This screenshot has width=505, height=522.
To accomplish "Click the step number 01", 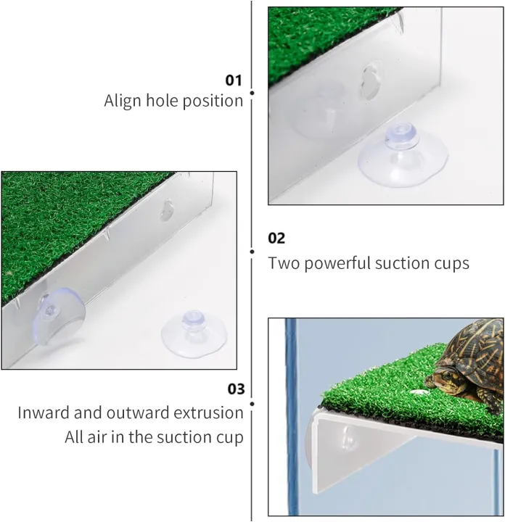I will [x=234, y=80].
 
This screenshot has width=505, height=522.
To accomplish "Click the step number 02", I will [x=276, y=238].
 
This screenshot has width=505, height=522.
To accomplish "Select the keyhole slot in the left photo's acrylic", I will [x=166, y=211].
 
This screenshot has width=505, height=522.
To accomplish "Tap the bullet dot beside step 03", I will [x=252, y=403].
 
